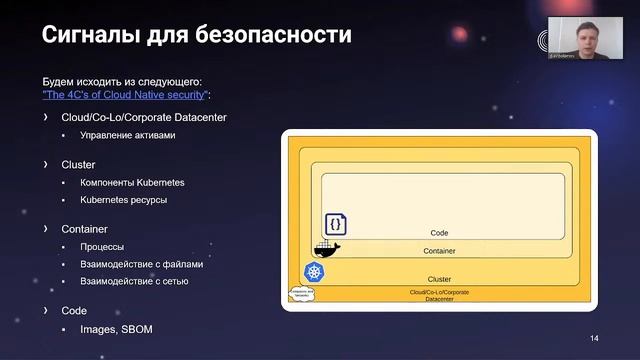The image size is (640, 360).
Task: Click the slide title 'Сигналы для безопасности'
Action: [196, 36]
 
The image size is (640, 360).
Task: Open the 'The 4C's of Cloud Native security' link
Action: [125, 93]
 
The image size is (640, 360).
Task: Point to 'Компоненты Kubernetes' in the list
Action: [132, 183]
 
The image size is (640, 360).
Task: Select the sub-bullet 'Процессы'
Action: [102, 247]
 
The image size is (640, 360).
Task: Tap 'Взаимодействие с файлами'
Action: [141, 265]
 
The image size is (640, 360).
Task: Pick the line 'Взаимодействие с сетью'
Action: [134, 282]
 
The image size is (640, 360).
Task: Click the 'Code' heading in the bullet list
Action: [74, 311]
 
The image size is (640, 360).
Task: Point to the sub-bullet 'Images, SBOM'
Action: [116, 329]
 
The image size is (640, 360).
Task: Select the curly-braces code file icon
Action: [334, 225]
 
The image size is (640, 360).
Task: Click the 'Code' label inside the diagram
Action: [439, 233]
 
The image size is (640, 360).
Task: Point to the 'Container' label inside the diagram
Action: [439, 251]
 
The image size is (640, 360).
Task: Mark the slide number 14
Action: [594, 337]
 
